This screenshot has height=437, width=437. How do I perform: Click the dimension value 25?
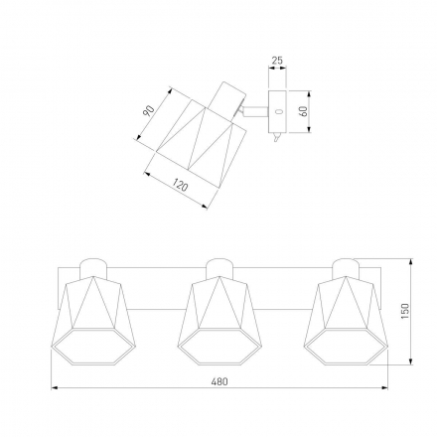click(x=277, y=61)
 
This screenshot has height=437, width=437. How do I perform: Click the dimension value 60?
click(x=303, y=111)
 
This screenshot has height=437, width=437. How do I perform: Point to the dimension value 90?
click(x=149, y=111)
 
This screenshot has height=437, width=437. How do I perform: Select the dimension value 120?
click(x=180, y=185)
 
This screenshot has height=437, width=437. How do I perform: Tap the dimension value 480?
click(x=219, y=381)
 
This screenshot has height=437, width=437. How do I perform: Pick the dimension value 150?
click(x=405, y=311)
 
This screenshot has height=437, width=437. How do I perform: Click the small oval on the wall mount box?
click(x=278, y=111)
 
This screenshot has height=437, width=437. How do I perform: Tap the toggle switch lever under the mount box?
click(x=275, y=137)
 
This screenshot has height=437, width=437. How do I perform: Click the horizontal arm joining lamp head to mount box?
click(x=255, y=111)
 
